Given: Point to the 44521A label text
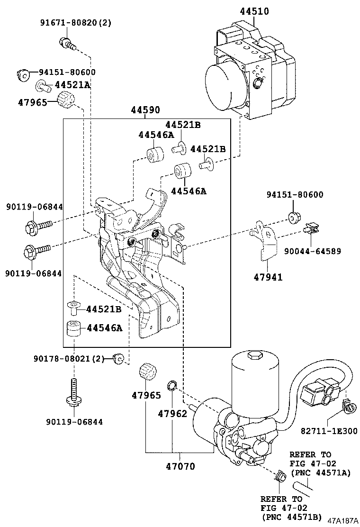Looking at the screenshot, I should click(x=72, y=85).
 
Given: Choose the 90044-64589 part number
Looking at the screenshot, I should click(x=312, y=251).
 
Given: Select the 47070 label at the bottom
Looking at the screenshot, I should click(x=180, y=466).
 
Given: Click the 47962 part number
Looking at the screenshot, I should click(x=172, y=413).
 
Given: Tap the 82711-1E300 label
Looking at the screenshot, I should click(x=329, y=431).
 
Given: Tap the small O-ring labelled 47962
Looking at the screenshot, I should click(x=172, y=385).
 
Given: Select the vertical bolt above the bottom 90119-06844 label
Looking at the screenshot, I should click(x=74, y=393).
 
